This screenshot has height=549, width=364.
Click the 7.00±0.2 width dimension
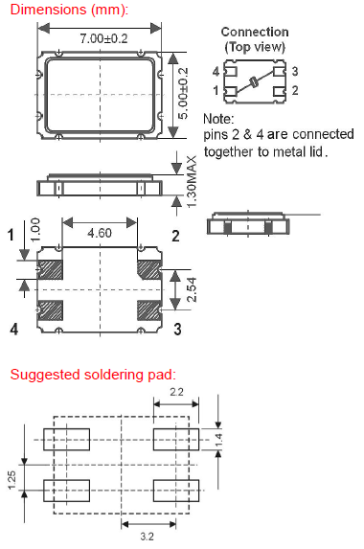103,38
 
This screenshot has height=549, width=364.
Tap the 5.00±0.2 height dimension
183,94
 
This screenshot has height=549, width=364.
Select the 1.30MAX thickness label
192,182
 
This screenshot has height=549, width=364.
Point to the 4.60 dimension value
100,233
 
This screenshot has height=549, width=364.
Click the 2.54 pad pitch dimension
192,290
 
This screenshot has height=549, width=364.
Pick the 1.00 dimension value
35,230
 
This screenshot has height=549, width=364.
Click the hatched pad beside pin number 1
50,269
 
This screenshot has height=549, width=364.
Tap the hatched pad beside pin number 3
149,310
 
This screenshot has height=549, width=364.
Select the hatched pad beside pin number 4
50,310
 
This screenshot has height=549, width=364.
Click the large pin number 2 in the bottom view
175,237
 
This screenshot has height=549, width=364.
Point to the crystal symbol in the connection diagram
254,82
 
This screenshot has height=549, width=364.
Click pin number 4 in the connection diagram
216,72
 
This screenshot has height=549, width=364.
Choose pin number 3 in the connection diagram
295,72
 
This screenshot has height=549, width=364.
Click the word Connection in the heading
255,32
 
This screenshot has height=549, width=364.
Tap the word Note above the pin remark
218,119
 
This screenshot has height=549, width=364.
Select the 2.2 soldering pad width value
176,392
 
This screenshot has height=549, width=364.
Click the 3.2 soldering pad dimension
147,536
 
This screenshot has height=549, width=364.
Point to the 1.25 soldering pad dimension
11,480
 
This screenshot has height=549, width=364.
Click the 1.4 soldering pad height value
218,440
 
